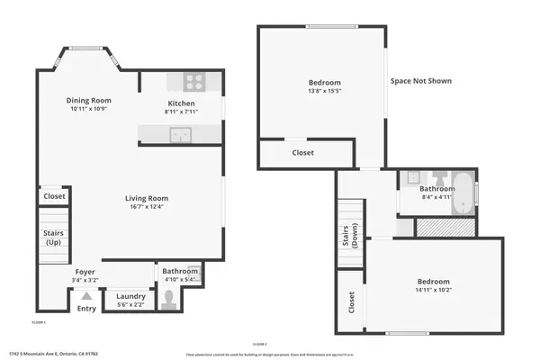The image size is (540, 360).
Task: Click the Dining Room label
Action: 88,100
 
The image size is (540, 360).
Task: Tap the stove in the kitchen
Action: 194,82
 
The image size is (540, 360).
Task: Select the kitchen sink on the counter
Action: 183,135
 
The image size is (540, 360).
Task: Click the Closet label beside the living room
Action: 54,195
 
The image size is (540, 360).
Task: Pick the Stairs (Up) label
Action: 53,238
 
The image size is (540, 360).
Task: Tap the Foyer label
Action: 85,271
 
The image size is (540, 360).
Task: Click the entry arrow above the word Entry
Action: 86,295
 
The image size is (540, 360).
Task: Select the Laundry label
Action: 131,296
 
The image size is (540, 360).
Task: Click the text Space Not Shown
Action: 420,81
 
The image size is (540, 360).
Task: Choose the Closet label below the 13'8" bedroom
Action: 303,153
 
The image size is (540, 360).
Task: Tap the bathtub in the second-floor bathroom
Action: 463,193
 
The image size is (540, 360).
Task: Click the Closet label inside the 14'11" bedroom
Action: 350,301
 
